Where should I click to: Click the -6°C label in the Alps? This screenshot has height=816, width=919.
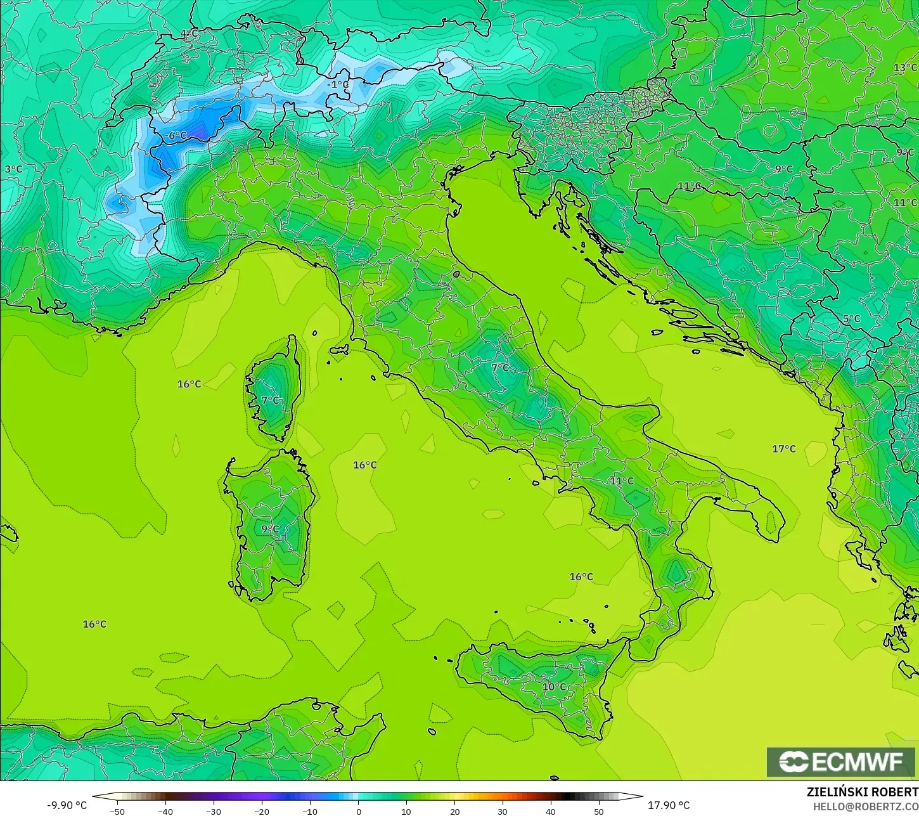click(x=176, y=136)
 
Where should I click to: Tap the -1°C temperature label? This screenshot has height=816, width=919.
click(x=338, y=84)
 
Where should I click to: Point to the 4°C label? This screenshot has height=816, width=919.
click(x=188, y=34)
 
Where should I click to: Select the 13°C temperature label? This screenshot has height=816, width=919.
click(x=905, y=67)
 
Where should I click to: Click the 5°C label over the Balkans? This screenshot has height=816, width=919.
click(x=851, y=318)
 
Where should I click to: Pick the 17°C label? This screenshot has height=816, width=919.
click(x=783, y=449)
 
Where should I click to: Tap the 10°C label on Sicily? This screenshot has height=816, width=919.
click(x=554, y=687)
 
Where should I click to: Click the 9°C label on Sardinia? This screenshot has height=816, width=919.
click(x=270, y=529)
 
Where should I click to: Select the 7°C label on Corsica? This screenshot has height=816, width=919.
click(x=270, y=400)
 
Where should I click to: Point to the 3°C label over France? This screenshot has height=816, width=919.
click(x=13, y=169)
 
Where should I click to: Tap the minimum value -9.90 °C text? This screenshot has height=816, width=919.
click(x=67, y=805)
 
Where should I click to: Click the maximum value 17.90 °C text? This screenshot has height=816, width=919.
click(x=669, y=805)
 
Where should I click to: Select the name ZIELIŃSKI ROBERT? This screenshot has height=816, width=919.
click(x=862, y=792)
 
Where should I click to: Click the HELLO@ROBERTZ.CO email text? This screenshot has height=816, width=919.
click(x=866, y=806)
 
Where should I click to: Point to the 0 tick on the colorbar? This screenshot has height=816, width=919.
click(x=358, y=811)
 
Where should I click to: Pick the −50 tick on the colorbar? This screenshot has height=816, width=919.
click(x=117, y=811)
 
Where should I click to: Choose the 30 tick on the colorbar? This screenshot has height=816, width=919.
click(x=503, y=811)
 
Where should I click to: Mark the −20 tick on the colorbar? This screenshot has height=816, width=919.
click(x=262, y=811)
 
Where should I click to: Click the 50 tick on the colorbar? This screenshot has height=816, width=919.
click(x=599, y=811)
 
